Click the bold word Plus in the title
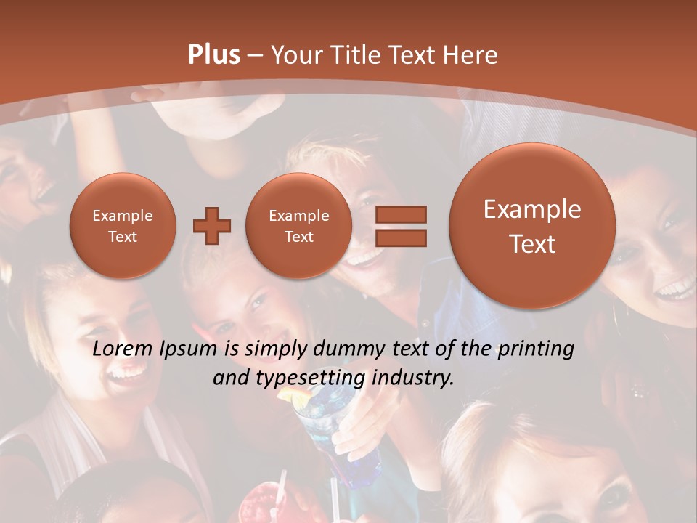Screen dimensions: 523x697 click(x=213, y=55)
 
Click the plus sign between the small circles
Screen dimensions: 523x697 click(x=211, y=226)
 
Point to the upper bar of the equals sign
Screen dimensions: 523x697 click(x=400, y=214)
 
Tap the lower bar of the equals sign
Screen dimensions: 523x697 click(x=400, y=237)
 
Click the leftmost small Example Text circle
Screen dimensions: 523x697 click(x=123, y=226)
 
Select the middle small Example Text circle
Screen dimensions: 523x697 click(x=299, y=226)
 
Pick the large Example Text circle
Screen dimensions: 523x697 click(x=532, y=226)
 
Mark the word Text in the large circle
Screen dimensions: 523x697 click(x=532, y=244)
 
